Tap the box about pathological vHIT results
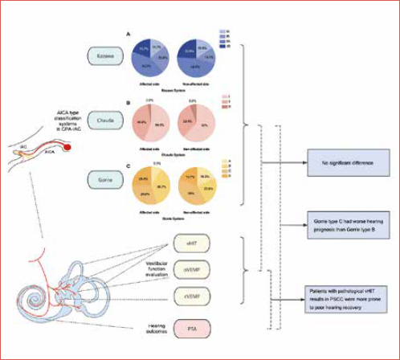pos(346,293)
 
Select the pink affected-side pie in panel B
pos(154,123)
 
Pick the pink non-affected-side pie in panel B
pos(198,123)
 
